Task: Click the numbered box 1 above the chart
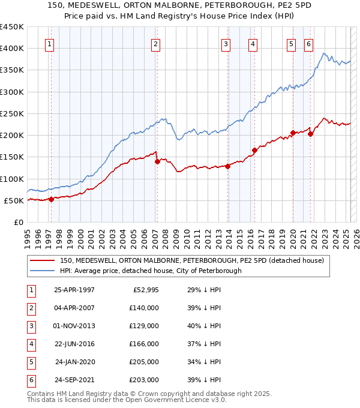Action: (x=49, y=43)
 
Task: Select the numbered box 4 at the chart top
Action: (x=253, y=43)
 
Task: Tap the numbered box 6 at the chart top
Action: (x=308, y=43)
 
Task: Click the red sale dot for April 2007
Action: (x=157, y=161)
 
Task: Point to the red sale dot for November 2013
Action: (x=228, y=166)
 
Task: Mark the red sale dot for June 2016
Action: (x=254, y=150)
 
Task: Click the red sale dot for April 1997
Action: (x=51, y=199)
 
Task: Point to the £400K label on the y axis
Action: (x=12, y=49)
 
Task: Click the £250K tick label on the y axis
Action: (x=12, y=113)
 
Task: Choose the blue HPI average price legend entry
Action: (x=150, y=271)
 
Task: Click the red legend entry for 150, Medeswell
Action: (x=191, y=260)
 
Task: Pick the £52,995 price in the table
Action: (x=143, y=290)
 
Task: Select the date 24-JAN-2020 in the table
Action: (x=74, y=362)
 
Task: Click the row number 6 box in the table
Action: (x=29, y=380)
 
